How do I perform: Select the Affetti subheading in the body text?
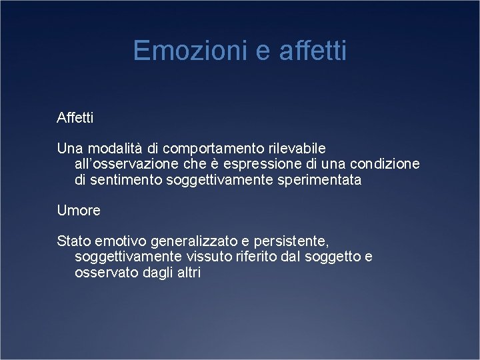coord(75,119)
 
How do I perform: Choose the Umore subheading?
coord(79,211)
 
